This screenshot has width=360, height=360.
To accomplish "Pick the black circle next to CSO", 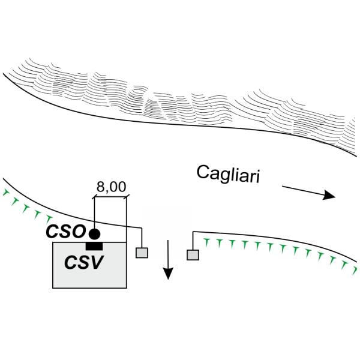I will tap(94, 233).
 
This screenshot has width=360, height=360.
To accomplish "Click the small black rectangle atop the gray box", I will tap(94, 246).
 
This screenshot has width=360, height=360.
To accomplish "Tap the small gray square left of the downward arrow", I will tap(142, 253).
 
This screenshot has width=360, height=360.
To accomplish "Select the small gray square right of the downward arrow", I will tap(193, 254).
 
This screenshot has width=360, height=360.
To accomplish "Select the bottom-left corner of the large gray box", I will tap(53, 287).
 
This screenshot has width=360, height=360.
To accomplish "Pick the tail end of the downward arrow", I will tap(168, 239).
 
